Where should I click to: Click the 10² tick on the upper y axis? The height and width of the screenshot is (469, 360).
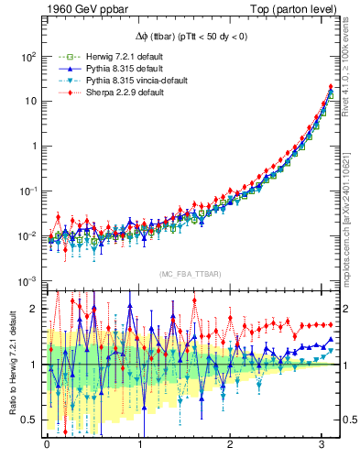[x=27, y=56]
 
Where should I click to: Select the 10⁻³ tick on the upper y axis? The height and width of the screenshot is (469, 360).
[x=27, y=280]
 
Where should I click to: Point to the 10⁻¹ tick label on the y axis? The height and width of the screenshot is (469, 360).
[x=27, y=191]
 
